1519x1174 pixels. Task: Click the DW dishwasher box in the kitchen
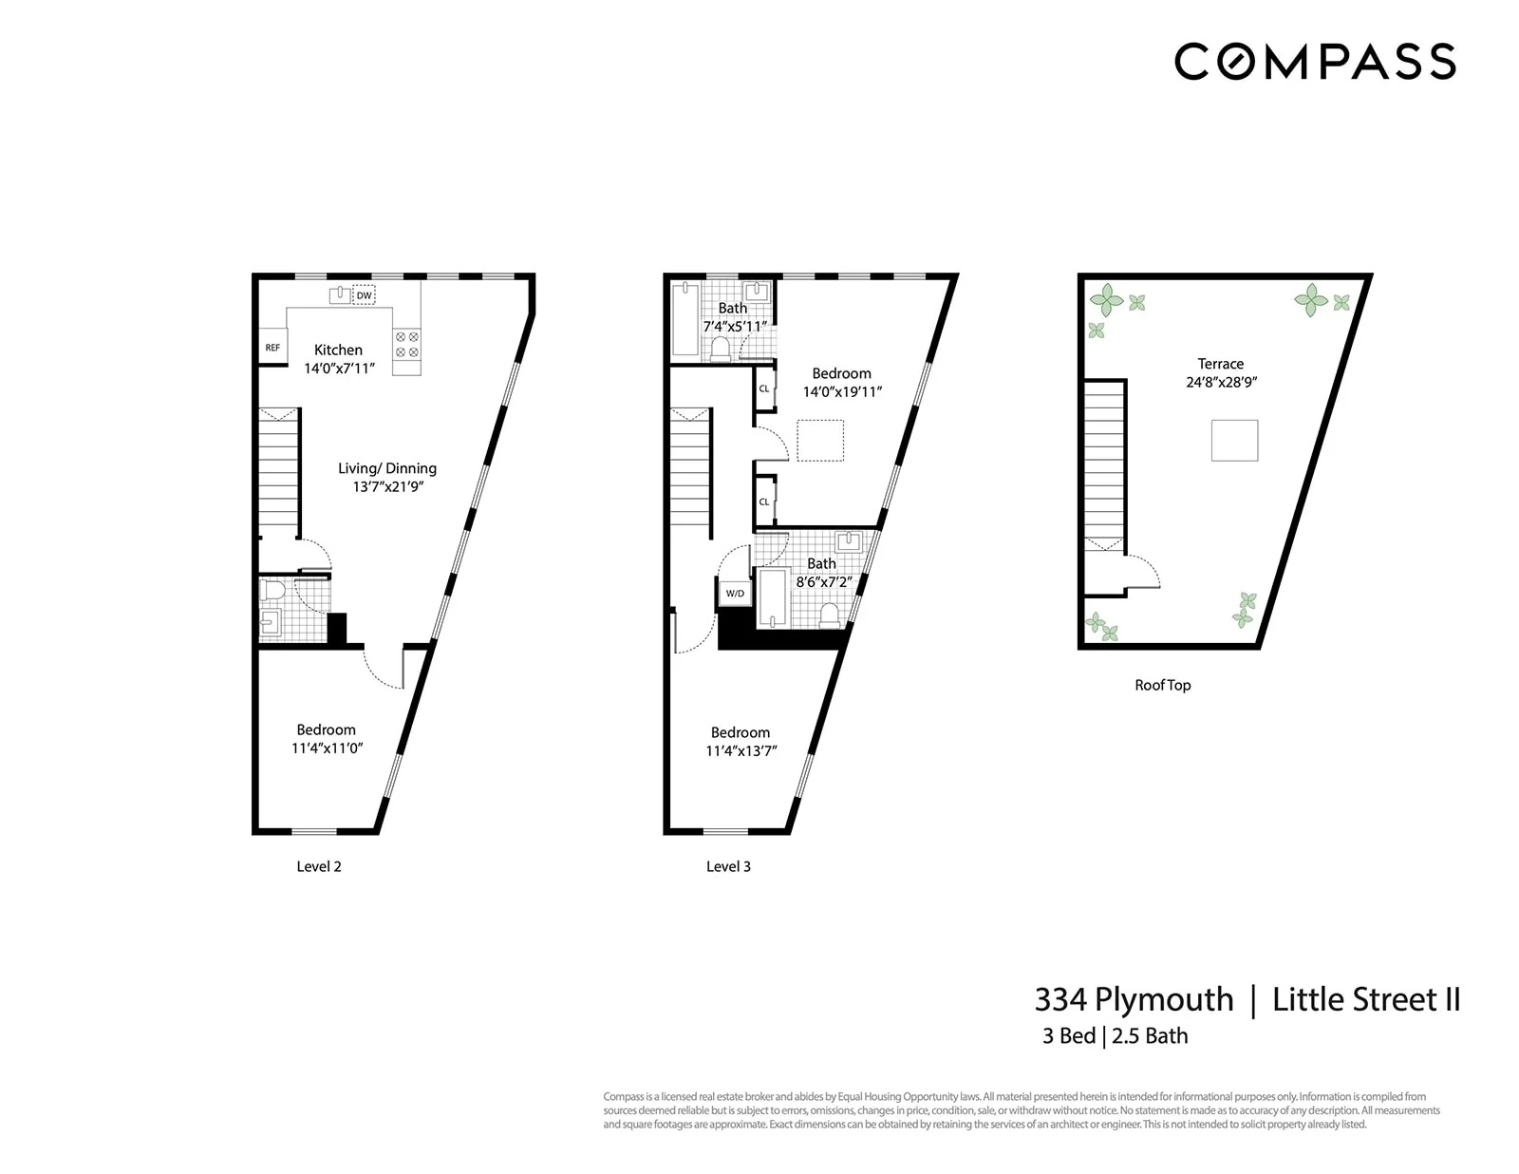pyautogui.click(x=364, y=295)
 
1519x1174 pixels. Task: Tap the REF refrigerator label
pyautogui.click(x=272, y=348)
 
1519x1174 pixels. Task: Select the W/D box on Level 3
pyautogui.click(x=735, y=593)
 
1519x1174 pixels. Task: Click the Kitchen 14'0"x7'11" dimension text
pyautogui.click(x=339, y=369)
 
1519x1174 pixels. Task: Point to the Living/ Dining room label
pyautogui.click(x=387, y=468)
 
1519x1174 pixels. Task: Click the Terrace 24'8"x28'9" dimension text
pyautogui.click(x=1221, y=382)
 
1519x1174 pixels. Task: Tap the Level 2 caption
pyautogui.click(x=319, y=866)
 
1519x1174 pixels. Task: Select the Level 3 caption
pyautogui.click(x=728, y=866)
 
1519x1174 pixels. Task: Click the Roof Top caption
pyautogui.click(x=1162, y=685)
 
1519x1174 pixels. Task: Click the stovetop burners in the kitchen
pyautogui.click(x=406, y=345)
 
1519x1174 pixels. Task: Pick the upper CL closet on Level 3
pyautogui.click(x=764, y=388)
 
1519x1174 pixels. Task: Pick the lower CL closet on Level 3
pyautogui.click(x=764, y=502)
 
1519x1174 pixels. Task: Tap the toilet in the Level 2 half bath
pyautogui.click(x=273, y=591)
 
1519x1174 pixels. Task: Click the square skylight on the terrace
pyautogui.click(x=1234, y=441)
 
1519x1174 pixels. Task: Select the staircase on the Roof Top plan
pyautogui.click(x=1104, y=465)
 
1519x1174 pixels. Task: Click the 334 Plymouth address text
pyautogui.click(x=1134, y=999)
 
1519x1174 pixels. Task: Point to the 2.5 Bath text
pyautogui.click(x=1150, y=1036)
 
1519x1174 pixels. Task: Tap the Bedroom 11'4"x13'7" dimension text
pyautogui.click(x=741, y=750)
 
